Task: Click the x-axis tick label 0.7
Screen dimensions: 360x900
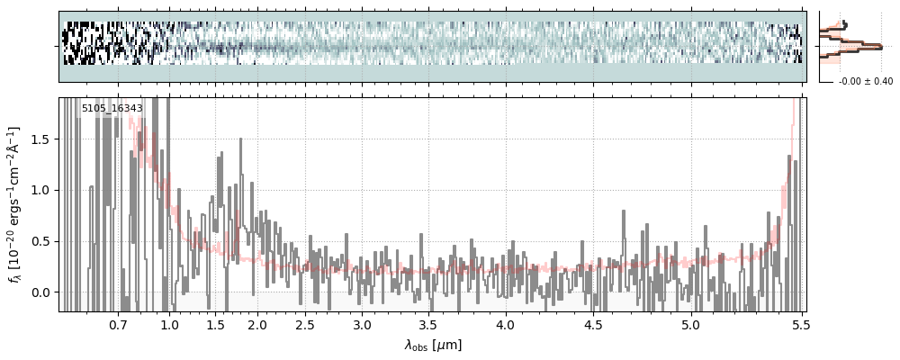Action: [118, 324]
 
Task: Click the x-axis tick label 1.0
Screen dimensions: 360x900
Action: [169, 324]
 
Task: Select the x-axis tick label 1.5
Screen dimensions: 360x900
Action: [215, 324]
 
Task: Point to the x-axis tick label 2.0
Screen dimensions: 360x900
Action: [257, 324]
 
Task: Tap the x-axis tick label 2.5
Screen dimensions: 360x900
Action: [305, 324]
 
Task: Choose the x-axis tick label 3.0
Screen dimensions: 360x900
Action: [362, 324]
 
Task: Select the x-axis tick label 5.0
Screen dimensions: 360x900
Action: [690, 324]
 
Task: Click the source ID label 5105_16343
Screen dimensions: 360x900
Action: [112, 109]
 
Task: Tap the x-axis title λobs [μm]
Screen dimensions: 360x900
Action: [433, 345]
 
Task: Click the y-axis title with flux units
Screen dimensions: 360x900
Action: [16, 204]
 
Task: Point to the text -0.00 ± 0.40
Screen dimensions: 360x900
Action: [865, 82]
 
